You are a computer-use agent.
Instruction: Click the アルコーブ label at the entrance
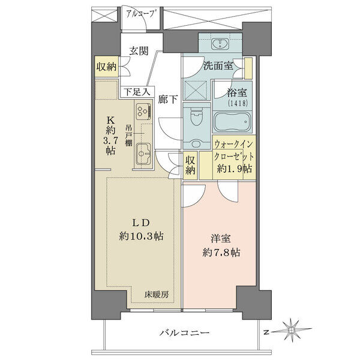pos(140,14)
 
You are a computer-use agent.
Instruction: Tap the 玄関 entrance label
pos(139,51)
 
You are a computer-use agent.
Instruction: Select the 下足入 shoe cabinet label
pos(137,92)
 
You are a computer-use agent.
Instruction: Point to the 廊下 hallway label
pos(168,99)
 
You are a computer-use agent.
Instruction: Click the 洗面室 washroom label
pos(218,66)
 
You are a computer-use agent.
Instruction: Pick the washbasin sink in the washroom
pos(220,44)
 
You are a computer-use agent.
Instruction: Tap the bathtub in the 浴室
pos(232,121)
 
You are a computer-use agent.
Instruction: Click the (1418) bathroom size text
pos(238,103)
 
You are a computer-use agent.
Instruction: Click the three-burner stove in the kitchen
pos(143,111)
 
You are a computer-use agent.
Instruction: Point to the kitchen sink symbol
pos(143,154)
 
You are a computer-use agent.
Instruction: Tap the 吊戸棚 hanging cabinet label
pos(129,136)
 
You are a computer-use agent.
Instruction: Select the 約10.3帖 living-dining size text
pos(141,236)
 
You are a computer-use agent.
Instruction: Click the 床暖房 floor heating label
pos(157,295)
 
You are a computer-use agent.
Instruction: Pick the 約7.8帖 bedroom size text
pos(221,253)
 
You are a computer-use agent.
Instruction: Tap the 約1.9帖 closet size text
pos(235,169)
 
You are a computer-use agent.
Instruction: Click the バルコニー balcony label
pos(185,332)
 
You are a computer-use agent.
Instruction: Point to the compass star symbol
pos(292,329)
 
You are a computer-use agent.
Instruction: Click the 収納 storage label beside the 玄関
pos(106,67)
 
